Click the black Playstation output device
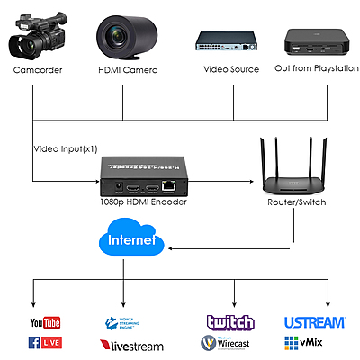click(312, 40)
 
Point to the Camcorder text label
click(37, 69)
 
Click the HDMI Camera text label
click(123, 69)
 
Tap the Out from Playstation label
click(310, 69)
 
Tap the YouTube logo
click(44, 323)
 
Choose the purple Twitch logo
click(230, 322)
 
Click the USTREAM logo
click(314, 322)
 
